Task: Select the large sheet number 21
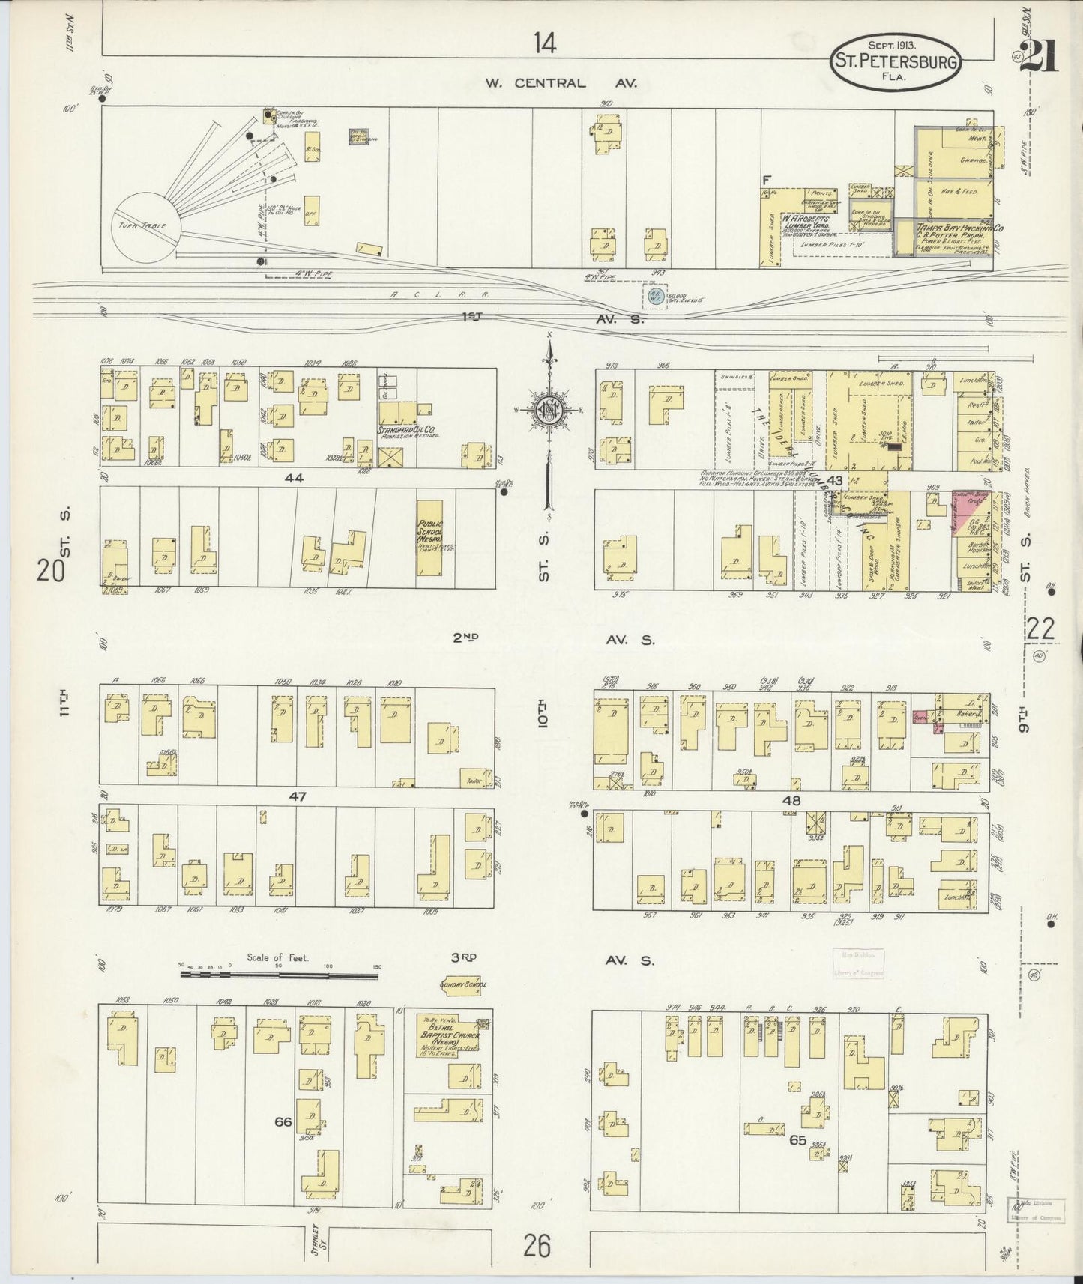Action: (x=1038, y=55)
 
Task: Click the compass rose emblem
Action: (x=549, y=409)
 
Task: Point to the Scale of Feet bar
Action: (x=280, y=975)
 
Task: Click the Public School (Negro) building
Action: (x=429, y=538)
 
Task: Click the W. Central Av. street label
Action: (x=561, y=83)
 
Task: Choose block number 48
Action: (x=792, y=801)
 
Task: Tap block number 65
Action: (x=797, y=1141)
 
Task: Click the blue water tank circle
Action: (x=657, y=296)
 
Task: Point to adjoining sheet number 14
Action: (x=545, y=44)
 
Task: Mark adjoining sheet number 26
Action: (x=537, y=1246)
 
